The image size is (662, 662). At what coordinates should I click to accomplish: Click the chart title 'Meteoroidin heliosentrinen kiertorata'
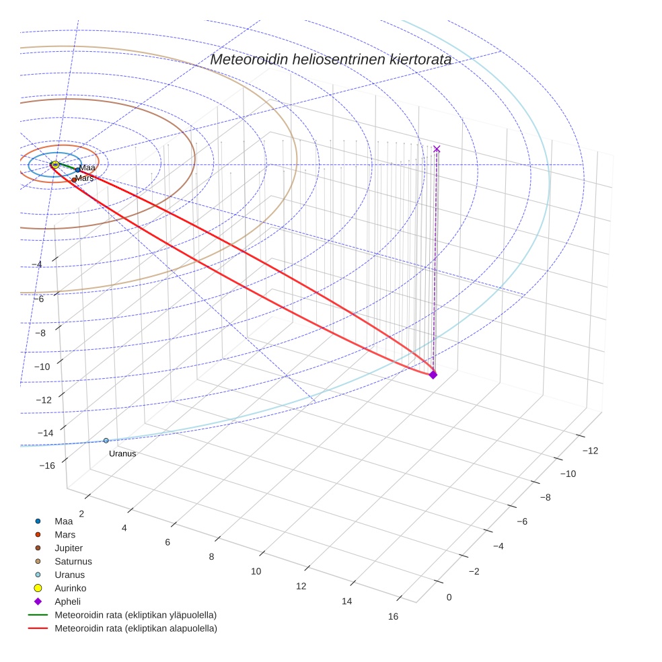tap(330, 59)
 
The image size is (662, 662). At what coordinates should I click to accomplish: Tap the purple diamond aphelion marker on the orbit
tap(433, 375)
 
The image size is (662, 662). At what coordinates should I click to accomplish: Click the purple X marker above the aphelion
tap(437, 149)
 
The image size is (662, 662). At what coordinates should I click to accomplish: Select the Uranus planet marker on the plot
tap(106, 441)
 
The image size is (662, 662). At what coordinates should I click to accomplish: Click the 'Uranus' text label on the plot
tap(122, 454)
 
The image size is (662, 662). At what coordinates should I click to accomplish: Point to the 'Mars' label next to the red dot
tap(85, 178)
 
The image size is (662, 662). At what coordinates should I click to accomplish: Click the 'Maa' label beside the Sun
tap(87, 168)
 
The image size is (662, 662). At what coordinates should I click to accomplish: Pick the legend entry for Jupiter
tap(69, 548)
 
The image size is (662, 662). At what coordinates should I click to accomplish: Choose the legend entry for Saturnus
tap(73, 562)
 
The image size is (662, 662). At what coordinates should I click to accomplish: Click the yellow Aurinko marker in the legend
tap(38, 588)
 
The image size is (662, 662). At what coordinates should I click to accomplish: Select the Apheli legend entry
tap(67, 601)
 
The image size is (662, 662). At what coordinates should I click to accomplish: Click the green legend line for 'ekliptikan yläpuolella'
tap(38, 615)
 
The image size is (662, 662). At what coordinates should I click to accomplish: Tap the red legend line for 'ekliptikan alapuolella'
tap(38, 628)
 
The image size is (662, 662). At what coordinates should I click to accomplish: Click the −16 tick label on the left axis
tap(47, 466)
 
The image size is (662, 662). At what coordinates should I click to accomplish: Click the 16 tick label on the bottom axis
tap(393, 617)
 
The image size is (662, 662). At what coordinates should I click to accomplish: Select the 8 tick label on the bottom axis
tap(212, 556)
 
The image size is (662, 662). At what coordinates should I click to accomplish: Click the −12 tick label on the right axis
tap(589, 451)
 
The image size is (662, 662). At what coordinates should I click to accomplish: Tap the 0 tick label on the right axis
tap(449, 597)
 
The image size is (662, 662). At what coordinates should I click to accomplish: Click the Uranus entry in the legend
tap(69, 575)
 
